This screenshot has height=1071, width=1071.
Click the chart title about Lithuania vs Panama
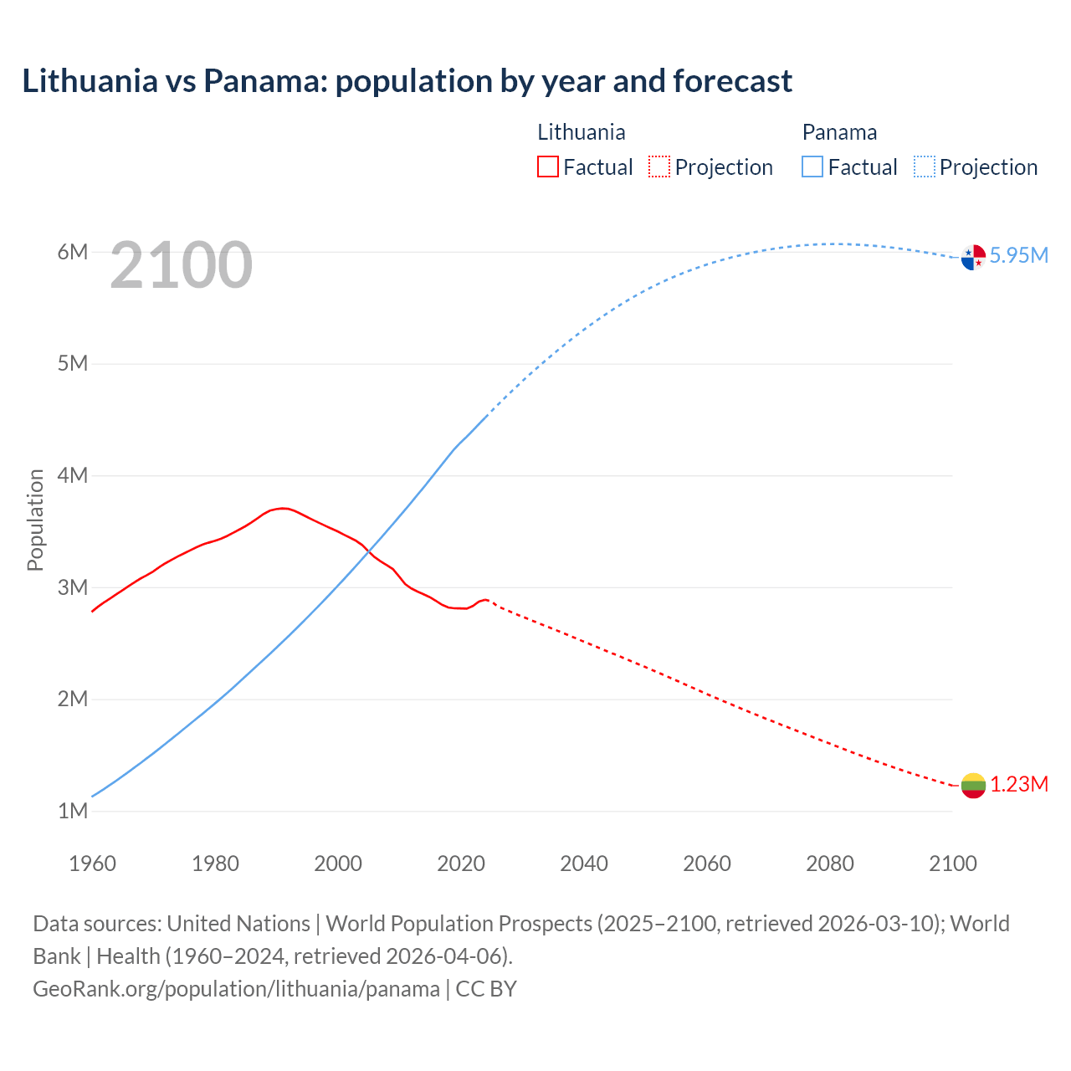pyautogui.click(x=407, y=81)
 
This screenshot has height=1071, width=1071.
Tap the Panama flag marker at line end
pyautogui.click(x=973, y=257)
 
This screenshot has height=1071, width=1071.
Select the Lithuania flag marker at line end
pyautogui.click(x=973, y=786)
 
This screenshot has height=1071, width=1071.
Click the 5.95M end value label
pyautogui.click(x=1018, y=256)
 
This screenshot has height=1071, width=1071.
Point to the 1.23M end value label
pyautogui.click(x=1019, y=785)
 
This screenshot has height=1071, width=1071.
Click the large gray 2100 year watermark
pyautogui.click(x=181, y=265)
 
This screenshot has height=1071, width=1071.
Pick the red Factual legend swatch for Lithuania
pyautogui.click(x=548, y=167)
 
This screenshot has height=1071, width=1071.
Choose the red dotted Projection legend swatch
pyautogui.click(x=659, y=167)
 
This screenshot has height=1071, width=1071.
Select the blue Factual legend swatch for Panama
pyautogui.click(x=812, y=167)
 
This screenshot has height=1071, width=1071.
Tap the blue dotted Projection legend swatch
pyautogui.click(x=925, y=167)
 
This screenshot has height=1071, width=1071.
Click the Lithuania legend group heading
pyautogui.click(x=581, y=132)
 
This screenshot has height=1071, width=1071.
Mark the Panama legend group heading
pyautogui.click(x=839, y=132)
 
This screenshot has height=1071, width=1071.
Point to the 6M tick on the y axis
pyautogui.click(x=73, y=253)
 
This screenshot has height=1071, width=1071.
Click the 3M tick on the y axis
pyautogui.click(x=73, y=587)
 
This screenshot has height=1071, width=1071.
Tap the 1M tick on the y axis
pyautogui.click(x=73, y=811)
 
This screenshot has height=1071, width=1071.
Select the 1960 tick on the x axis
pyautogui.click(x=92, y=863)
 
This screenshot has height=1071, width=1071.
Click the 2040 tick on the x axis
pyautogui.click(x=584, y=863)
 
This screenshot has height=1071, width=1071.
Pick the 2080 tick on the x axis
pyautogui.click(x=830, y=863)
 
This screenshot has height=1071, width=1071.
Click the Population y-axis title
pyautogui.click(x=35, y=520)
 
